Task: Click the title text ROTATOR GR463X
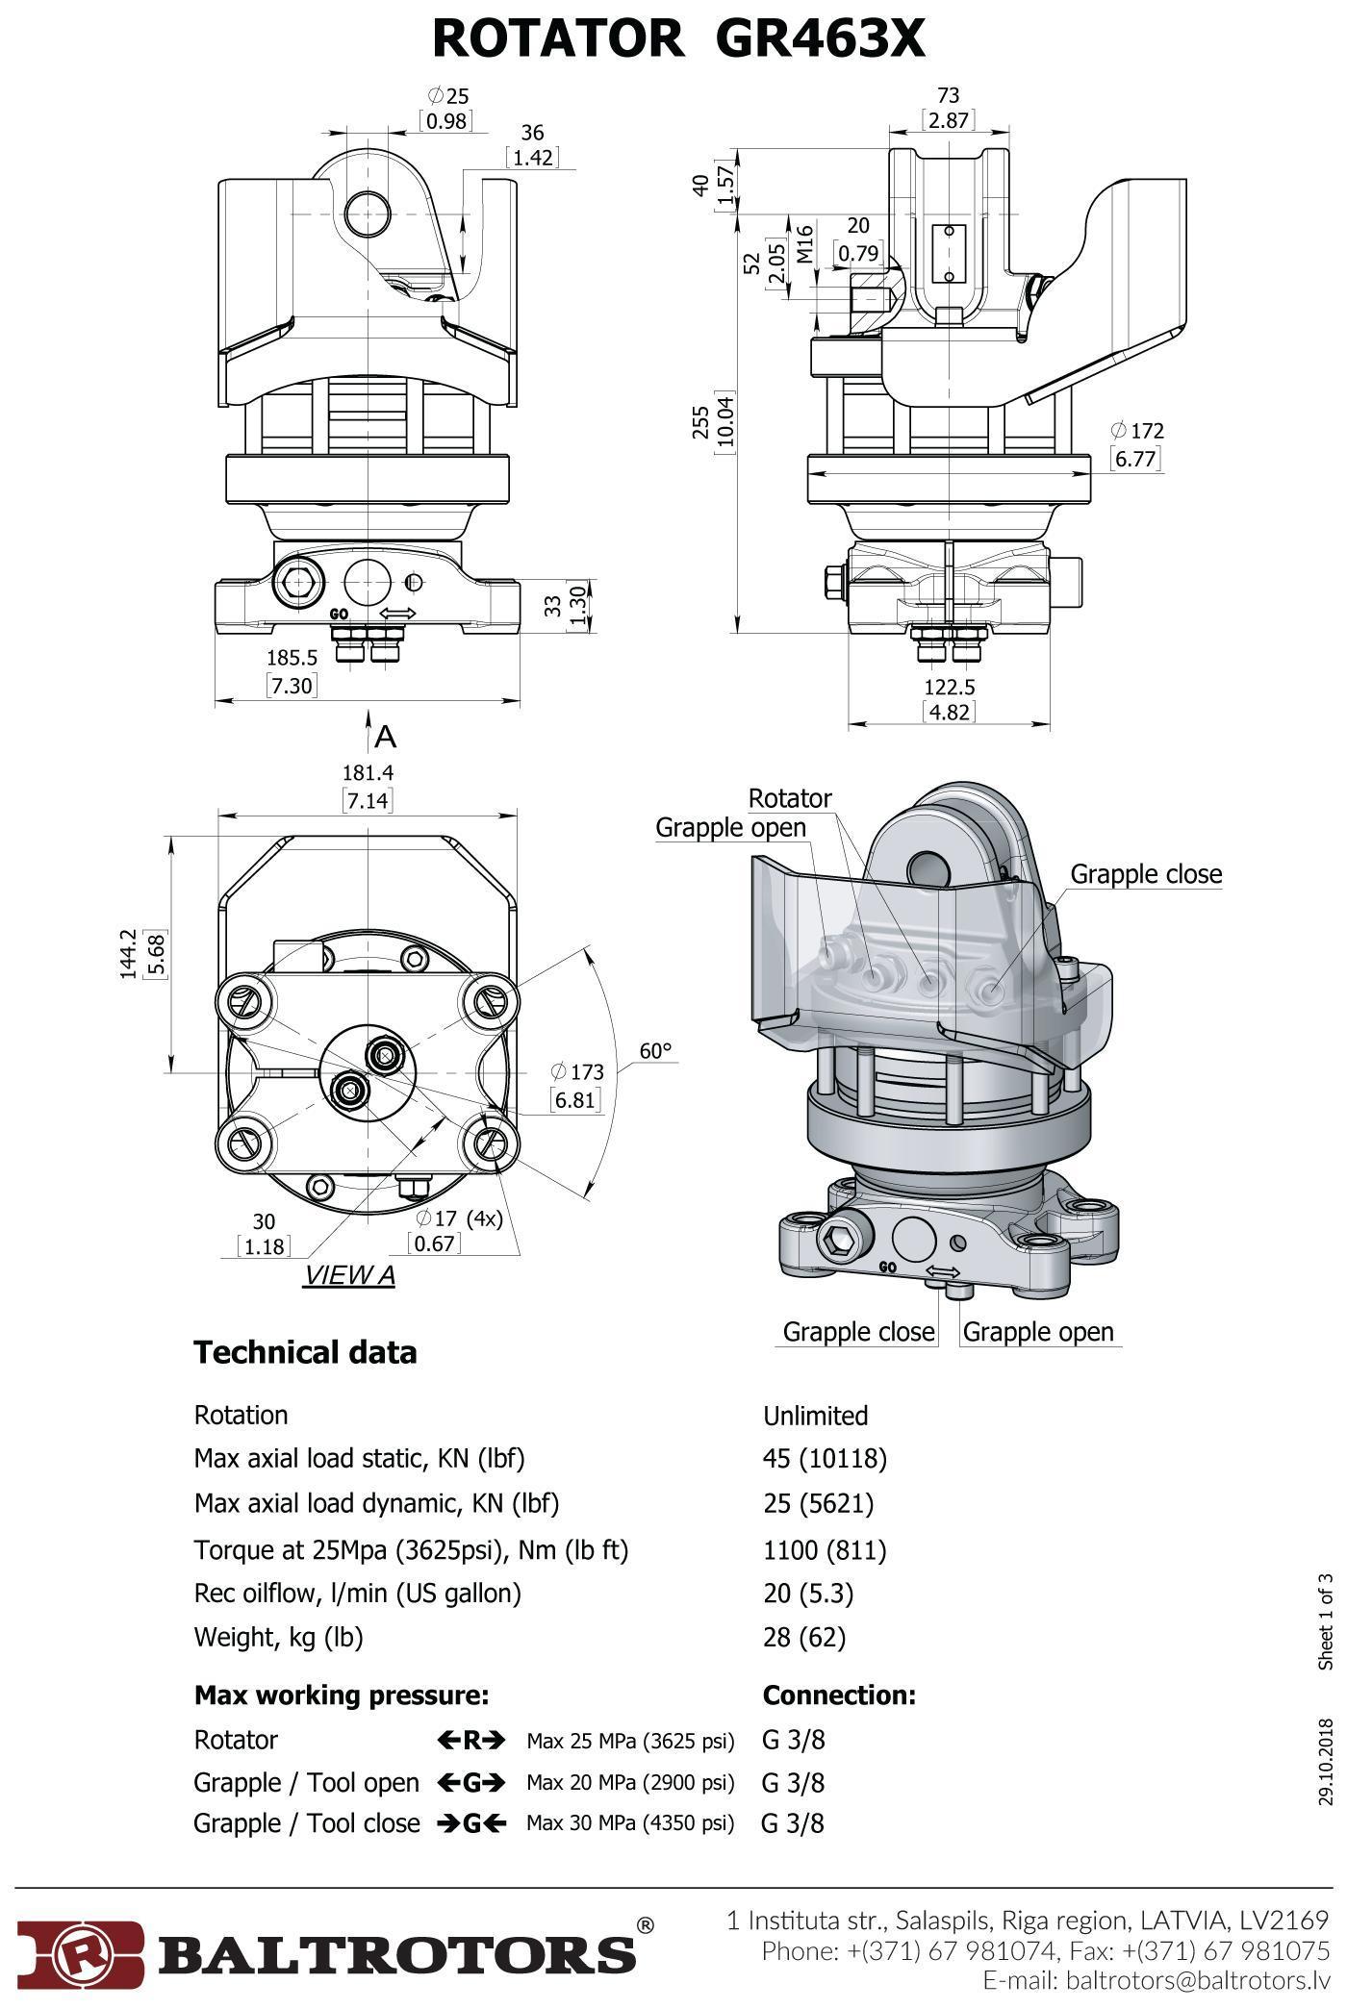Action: [678, 39]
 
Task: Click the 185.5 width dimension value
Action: [292, 658]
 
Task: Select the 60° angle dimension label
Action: [655, 1050]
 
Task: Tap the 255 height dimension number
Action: [701, 423]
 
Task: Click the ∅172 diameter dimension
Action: [1136, 430]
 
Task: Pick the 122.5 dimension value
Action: [949, 687]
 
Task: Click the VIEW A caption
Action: [349, 1275]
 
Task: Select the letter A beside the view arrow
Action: [386, 737]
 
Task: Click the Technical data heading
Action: [305, 1352]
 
